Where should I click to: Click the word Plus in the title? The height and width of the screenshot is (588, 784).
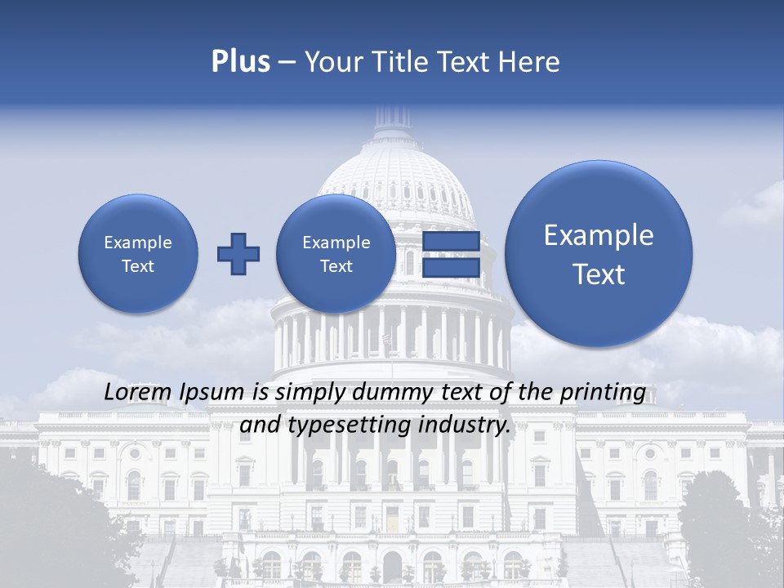pos(240,62)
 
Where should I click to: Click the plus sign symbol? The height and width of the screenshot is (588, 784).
pos(238,254)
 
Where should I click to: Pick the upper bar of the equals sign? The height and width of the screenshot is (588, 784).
pos(451,243)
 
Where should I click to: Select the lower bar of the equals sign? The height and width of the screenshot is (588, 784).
pos(451,267)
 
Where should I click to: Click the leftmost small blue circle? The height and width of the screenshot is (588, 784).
pos(138,254)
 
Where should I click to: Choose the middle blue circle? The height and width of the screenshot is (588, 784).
pos(336,254)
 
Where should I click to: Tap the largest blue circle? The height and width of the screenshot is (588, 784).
pos(599,254)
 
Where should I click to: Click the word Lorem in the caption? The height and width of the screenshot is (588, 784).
pos(139,393)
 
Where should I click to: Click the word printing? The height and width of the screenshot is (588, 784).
pos(603,394)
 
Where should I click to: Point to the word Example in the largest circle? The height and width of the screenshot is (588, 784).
pos(599,235)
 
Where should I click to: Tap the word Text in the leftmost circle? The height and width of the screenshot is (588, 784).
pos(138,266)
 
